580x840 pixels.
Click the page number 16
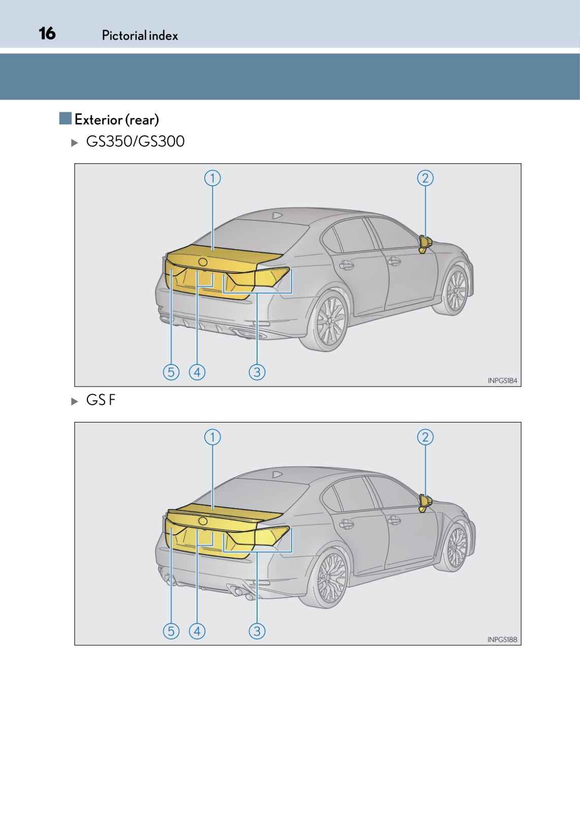47,34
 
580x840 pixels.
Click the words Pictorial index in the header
140,36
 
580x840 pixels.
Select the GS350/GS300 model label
135,141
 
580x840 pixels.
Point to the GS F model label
101,400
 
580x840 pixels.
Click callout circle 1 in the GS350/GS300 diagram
213,178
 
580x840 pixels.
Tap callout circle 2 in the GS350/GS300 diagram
425,178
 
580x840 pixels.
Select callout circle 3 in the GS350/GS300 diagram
257,372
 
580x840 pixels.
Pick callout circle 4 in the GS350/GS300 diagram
197,372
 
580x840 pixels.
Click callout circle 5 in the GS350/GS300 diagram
171,372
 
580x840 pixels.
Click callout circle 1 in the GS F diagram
213,437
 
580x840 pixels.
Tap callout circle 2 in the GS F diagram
425,437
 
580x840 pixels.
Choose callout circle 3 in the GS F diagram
257,631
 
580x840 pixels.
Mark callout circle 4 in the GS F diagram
197,631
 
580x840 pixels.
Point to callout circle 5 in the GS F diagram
171,631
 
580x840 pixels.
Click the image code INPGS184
502,380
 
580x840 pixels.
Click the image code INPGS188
502,640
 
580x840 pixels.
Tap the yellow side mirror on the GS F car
425,503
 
